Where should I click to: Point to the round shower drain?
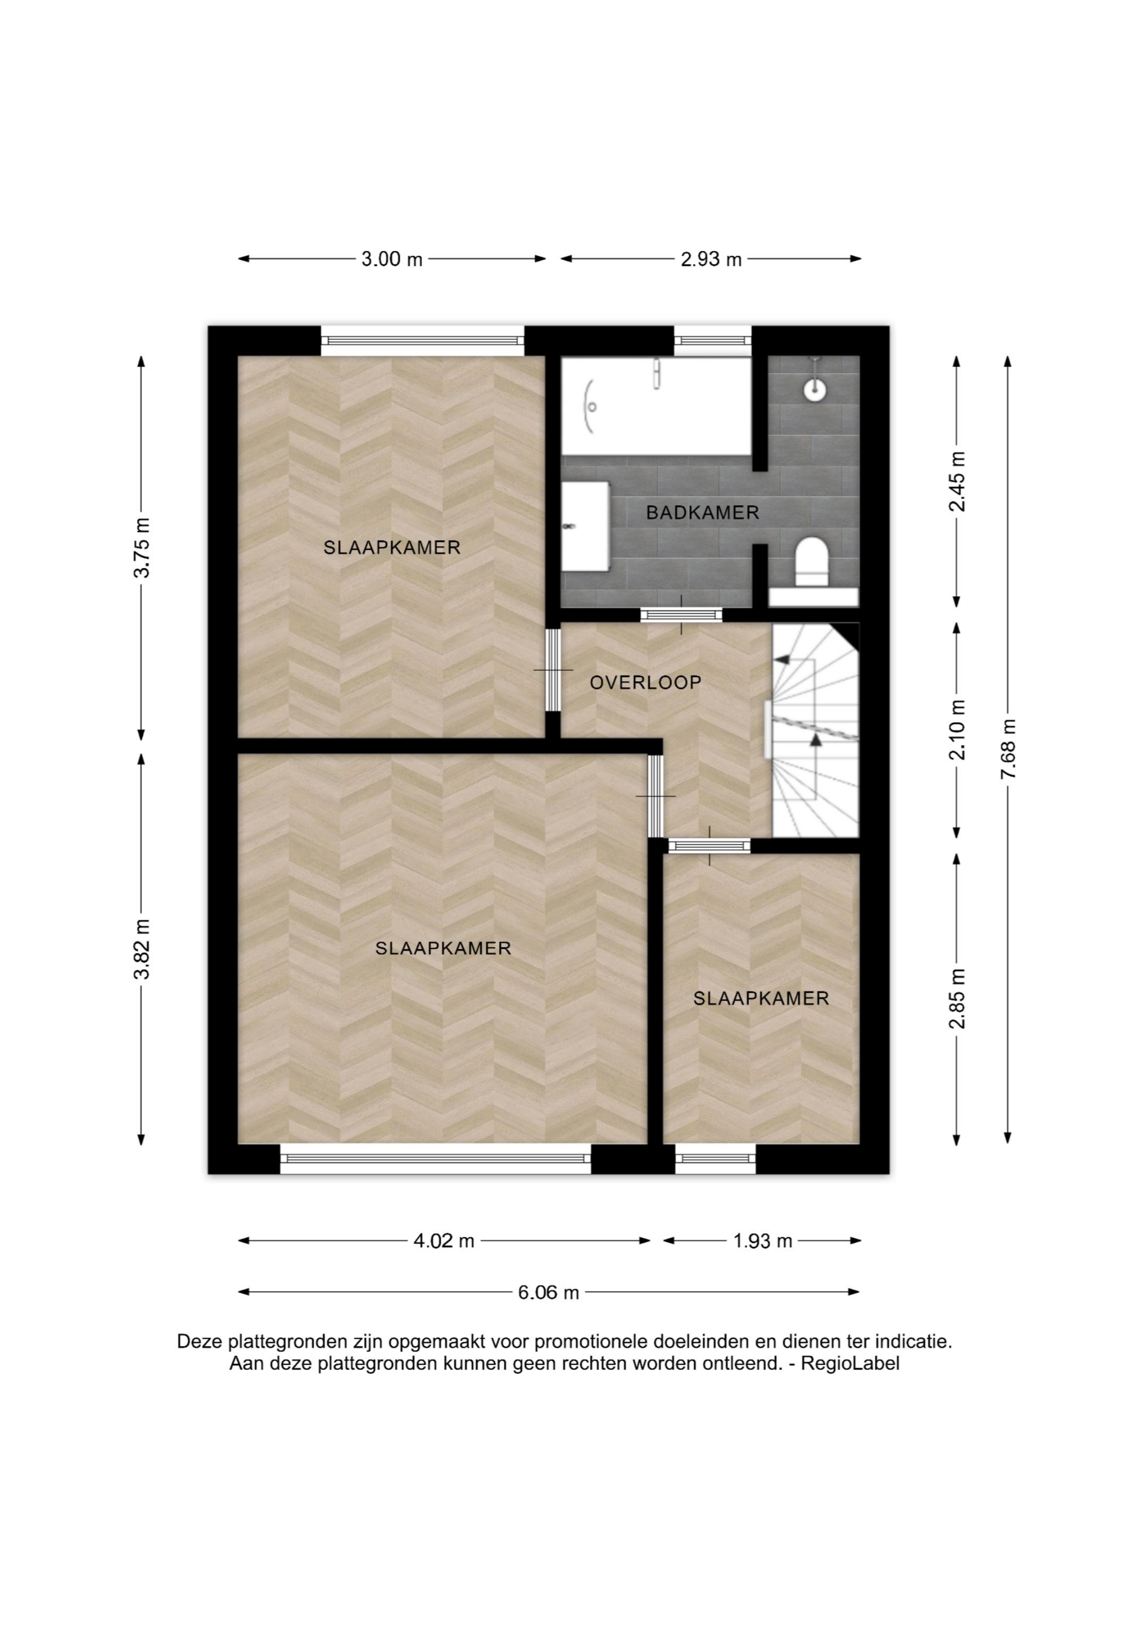(x=815, y=388)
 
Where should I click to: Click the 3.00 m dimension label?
(x=392, y=259)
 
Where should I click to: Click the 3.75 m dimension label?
(x=142, y=548)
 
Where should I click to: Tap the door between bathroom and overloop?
(x=681, y=615)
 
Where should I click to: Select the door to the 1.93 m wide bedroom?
(x=709, y=845)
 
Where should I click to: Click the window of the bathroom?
(x=712, y=340)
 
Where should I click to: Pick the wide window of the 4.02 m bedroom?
(x=436, y=1159)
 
